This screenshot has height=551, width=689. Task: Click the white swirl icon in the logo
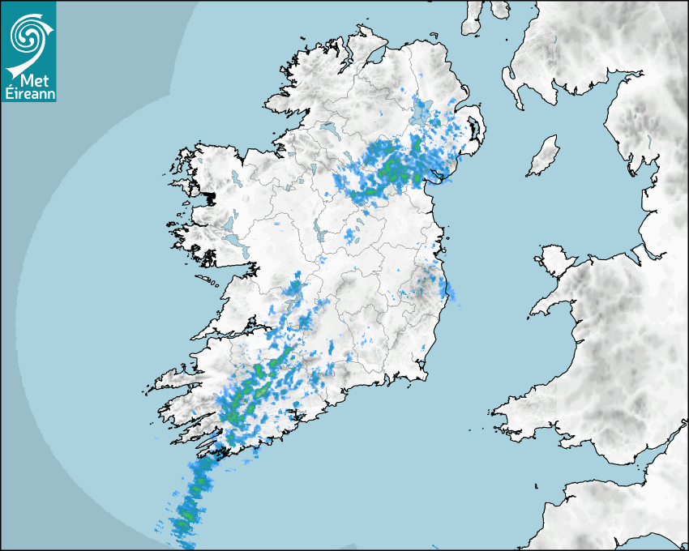[x=28, y=34]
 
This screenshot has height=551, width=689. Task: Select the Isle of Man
[x=544, y=156]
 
